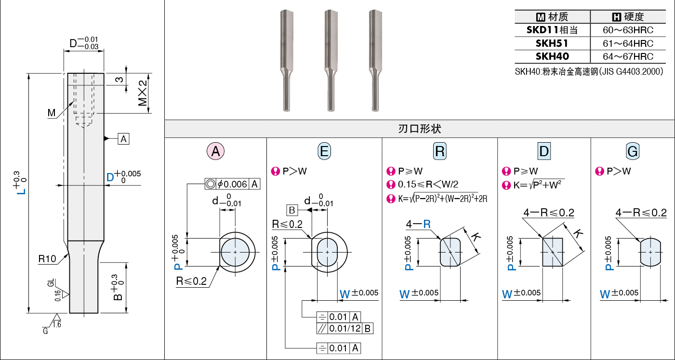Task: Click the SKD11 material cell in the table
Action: (x=552, y=30)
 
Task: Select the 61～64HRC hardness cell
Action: (x=628, y=43)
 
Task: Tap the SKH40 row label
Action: (x=552, y=56)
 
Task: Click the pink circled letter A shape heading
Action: (x=215, y=151)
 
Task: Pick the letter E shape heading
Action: (x=324, y=151)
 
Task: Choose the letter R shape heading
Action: (x=440, y=151)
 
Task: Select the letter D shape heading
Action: (x=544, y=151)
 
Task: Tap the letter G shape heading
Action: (x=633, y=151)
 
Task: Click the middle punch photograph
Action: (x=331, y=60)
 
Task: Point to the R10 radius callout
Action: (x=47, y=259)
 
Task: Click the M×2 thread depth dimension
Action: (x=143, y=93)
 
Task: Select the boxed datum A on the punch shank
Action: (x=123, y=139)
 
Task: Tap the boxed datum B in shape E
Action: (x=292, y=210)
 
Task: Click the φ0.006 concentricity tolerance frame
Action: (x=232, y=184)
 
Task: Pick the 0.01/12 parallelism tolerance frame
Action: (x=345, y=328)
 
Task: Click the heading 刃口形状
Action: (x=420, y=129)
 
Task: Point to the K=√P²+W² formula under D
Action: (x=539, y=185)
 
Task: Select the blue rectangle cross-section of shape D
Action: (x=553, y=252)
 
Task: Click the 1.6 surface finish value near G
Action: (x=57, y=324)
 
